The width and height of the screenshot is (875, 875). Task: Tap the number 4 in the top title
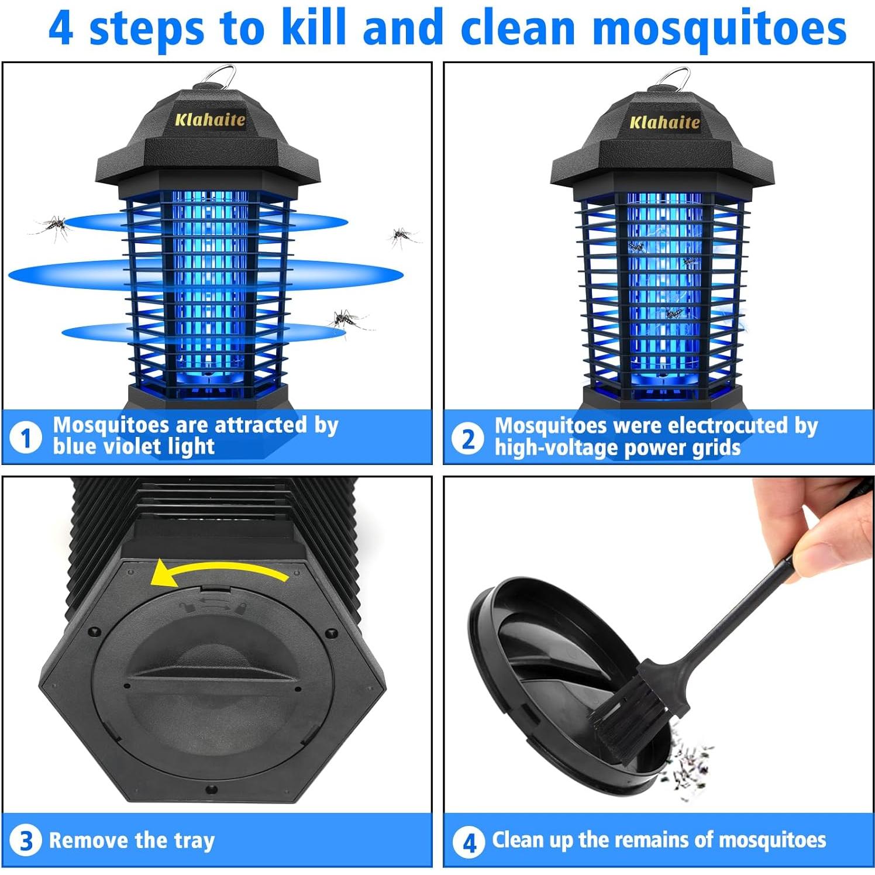coord(61,28)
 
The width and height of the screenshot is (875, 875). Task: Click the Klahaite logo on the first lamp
coord(210,120)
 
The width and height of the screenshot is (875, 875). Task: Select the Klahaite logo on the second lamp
coord(664,122)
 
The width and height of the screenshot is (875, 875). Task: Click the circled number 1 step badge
coord(26,437)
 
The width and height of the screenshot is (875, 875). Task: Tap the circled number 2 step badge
coord(468,439)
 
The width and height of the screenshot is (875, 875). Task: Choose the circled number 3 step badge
coord(26,841)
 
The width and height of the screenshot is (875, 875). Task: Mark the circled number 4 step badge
coord(468,843)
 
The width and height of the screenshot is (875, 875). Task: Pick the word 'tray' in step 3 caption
coord(194,841)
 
